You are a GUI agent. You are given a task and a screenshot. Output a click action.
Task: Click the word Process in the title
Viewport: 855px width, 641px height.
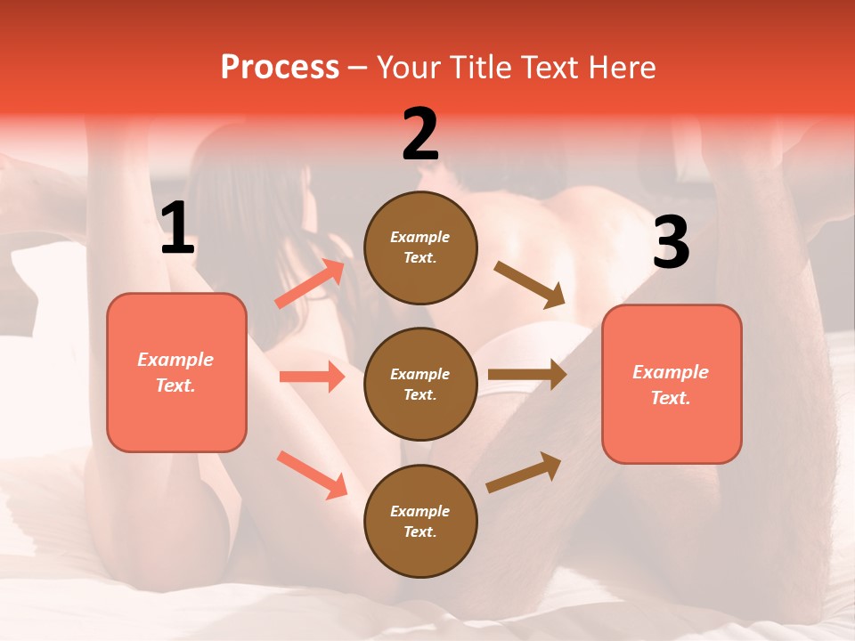(x=280, y=67)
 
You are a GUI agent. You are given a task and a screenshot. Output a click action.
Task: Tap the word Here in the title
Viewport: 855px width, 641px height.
(x=620, y=67)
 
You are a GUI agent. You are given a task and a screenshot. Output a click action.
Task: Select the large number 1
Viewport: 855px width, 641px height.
(x=177, y=229)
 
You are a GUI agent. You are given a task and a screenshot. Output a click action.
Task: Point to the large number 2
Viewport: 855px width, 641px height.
(x=420, y=134)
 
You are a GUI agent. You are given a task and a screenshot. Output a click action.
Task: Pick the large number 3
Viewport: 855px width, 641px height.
(x=671, y=242)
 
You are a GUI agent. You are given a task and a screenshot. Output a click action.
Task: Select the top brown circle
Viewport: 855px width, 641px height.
(x=420, y=247)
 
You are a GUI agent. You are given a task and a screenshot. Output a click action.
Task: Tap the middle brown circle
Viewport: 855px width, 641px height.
(x=420, y=384)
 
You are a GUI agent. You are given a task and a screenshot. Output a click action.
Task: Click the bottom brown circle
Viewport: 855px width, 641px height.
(x=420, y=521)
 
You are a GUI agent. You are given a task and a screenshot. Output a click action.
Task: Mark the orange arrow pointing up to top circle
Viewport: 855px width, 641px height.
(x=310, y=284)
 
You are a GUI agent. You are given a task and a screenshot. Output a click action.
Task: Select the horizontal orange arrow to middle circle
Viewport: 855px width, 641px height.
(x=312, y=377)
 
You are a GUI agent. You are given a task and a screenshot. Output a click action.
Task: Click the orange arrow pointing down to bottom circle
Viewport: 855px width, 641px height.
(x=312, y=474)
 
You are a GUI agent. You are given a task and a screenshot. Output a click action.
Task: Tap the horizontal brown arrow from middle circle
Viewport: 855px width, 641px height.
(x=527, y=375)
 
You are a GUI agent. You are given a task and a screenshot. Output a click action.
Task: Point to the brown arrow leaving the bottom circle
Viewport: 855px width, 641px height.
(x=524, y=472)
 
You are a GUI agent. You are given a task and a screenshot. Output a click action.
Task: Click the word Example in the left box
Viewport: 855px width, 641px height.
(x=175, y=360)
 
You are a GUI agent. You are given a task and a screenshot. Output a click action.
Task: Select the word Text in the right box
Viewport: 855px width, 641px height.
(x=670, y=398)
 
